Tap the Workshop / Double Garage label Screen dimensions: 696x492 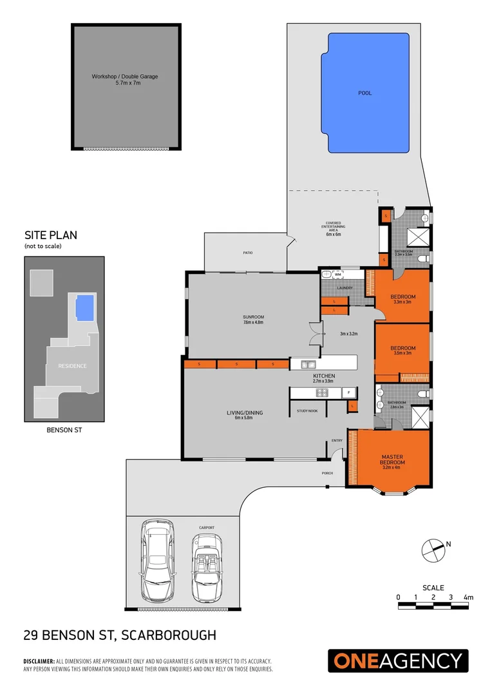(x=125, y=77)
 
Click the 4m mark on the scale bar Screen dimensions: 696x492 (x=468, y=598)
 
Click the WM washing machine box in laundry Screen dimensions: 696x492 (x=337, y=275)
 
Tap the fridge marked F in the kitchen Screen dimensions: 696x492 (x=348, y=392)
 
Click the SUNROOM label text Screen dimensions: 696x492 (x=254, y=317)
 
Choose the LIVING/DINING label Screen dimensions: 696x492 (x=244, y=413)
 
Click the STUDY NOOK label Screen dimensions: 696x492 (x=307, y=410)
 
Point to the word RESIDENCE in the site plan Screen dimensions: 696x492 (x=72, y=366)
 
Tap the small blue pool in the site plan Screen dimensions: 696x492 (x=84, y=307)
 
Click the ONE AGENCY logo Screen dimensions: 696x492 (x=398, y=661)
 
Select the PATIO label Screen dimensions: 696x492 (x=247, y=253)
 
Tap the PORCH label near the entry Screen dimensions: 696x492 (x=327, y=472)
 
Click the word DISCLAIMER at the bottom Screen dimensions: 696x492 (x=39, y=661)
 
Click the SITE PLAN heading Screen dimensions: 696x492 (x=51, y=235)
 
